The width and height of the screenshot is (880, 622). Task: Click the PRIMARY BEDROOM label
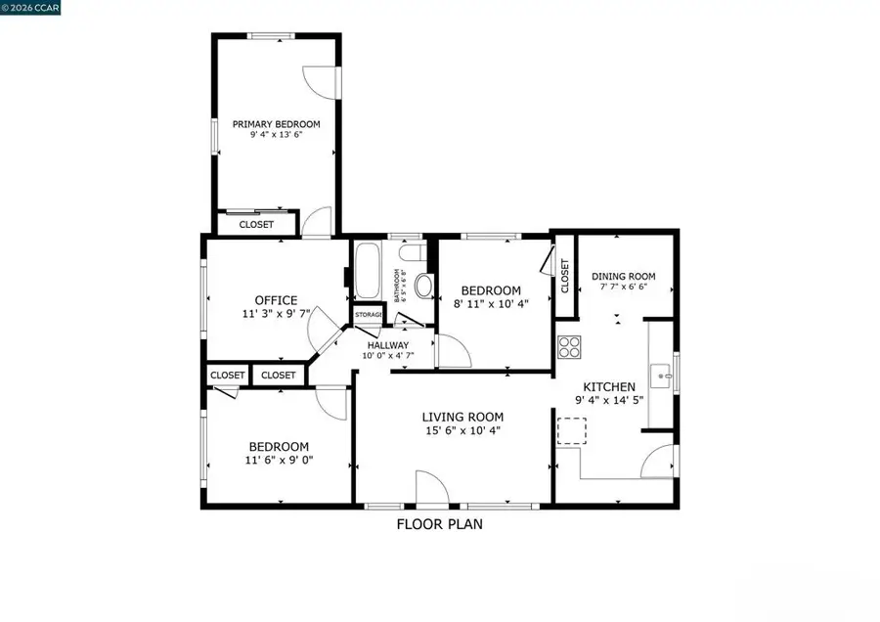coord(276,124)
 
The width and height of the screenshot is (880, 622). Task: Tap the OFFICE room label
coord(276,300)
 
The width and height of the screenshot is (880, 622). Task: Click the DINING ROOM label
coord(624,277)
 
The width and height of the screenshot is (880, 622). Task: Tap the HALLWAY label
coord(388,345)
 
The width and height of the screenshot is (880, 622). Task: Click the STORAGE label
coord(369,315)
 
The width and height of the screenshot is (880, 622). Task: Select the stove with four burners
coord(569,347)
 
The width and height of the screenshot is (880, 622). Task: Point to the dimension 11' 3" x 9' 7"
coord(276,315)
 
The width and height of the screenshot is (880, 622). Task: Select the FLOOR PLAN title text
coord(439,524)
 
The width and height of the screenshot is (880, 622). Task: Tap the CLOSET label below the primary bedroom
coord(256,224)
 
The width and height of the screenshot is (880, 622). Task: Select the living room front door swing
coord(431,486)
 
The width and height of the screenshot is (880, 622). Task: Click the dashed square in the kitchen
coord(571,430)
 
